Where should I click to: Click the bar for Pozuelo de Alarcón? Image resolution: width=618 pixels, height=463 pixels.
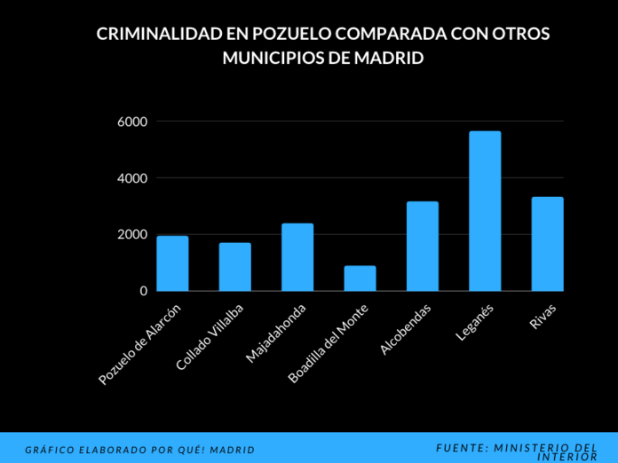[172, 263]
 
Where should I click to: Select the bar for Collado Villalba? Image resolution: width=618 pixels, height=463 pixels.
[235, 267]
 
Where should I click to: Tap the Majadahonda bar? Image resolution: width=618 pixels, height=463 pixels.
[297, 257]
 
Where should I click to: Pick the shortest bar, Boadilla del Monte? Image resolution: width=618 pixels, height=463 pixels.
[360, 279]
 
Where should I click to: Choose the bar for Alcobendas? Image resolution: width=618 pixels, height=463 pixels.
[423, 247]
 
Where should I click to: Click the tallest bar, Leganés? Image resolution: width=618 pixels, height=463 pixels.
[485, 211]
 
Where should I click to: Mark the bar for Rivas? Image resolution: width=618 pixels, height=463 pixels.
[547, 244]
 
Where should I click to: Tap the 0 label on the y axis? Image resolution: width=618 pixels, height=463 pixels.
[143, 291]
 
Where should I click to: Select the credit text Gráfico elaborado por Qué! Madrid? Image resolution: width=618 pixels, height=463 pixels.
[139, 450]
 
